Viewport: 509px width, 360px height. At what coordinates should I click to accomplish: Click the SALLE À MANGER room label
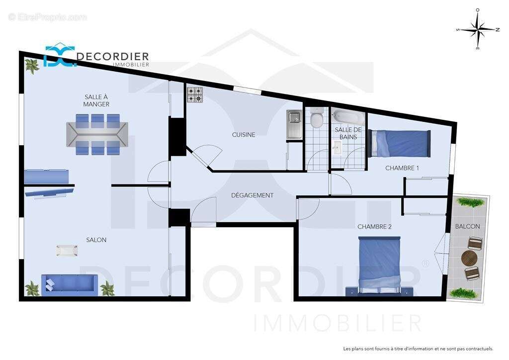click(x=96, y=100)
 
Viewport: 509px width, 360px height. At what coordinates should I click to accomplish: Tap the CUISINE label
click(x=244, y=135)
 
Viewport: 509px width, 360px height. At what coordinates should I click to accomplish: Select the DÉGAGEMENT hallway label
click(x=252, y=195)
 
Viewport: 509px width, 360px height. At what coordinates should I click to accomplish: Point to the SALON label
click(x=96, y=240)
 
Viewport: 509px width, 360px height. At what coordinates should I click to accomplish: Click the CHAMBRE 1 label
click(x=402, y=168)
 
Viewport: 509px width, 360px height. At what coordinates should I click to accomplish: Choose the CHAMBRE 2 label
click(x=374, y=227)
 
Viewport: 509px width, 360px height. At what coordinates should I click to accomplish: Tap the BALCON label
click(x=467, y=227)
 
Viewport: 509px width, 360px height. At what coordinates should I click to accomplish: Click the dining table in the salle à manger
click(x=97, y=134)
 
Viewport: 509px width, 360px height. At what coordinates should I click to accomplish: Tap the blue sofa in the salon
click(x=68, y=284)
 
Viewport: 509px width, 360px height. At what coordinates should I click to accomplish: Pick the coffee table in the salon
click(x=67, y=251)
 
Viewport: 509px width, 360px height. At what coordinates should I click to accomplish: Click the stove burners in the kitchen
click(x=195, y=94)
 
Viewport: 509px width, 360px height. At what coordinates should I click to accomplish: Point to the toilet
click(x=316, y=119)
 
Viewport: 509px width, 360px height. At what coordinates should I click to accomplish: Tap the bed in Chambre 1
click(x=400, y=143)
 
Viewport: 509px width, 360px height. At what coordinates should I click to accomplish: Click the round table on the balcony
click(x=469, y=258)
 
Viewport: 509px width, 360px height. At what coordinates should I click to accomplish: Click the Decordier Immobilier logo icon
click(x=59, y=55)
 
